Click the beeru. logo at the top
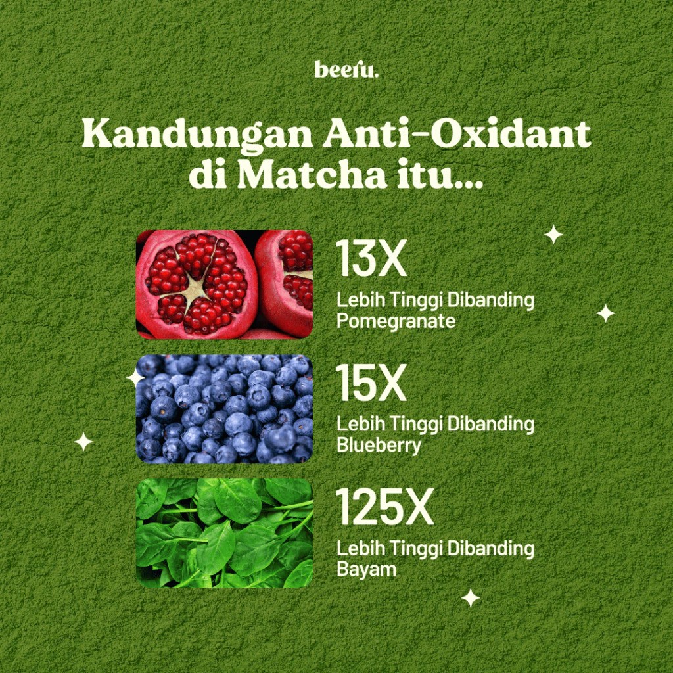point(346,70)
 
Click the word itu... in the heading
point(440,174)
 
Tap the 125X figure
point(384,507)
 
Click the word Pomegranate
point(396,322)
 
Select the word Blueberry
point(379,446)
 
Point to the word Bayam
point(367,569)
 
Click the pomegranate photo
point(224,284)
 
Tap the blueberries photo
point(224,408)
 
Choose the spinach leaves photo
point(224,532)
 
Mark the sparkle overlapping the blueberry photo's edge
point(135,377)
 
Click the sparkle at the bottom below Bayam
point(471,597)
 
